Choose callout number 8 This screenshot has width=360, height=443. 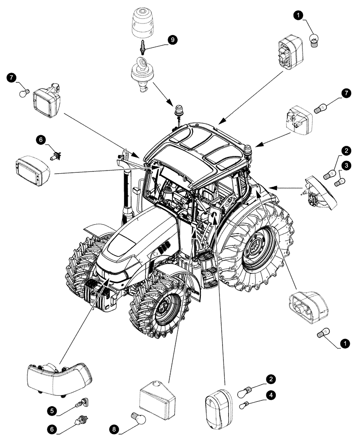click(114, 428)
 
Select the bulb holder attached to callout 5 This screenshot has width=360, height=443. click(81, 404)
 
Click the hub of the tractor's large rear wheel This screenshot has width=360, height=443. click(256, 250)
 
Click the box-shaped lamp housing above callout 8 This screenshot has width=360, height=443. click(158, 400)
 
